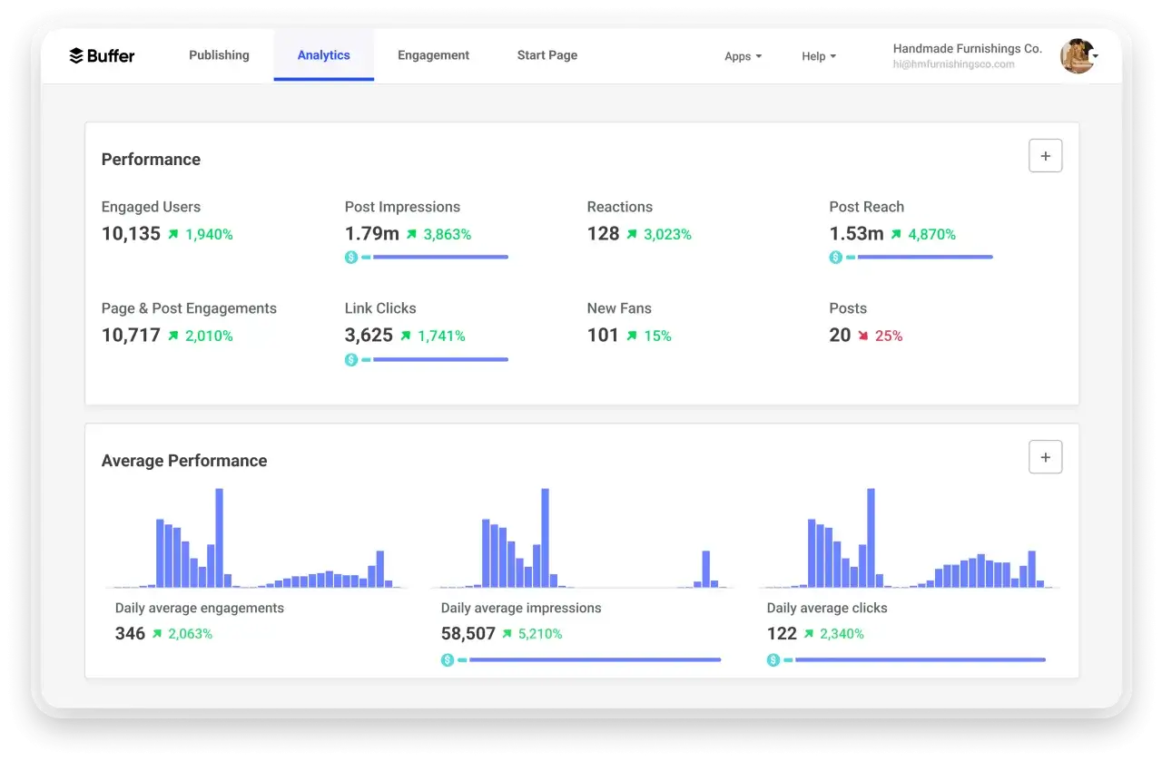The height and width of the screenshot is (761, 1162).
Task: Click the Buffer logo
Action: pos(102,55)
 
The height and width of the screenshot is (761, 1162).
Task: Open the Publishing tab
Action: pos(219,55)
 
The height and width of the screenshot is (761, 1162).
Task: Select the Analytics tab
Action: pos(324,55)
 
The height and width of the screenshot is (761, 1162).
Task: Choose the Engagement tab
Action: pos(433,55)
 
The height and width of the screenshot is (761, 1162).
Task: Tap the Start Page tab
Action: pos(547,55)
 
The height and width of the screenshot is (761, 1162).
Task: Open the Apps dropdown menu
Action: pos(743,56)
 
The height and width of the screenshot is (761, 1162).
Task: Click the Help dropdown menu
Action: pos(819,56)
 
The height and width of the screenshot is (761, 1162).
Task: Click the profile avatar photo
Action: pos(1078,55)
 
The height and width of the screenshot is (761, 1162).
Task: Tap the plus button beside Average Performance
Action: pos(1045,457)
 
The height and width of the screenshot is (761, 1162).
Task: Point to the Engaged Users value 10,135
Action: pos(131,234)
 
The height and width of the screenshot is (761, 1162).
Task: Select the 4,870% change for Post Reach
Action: pos(931,234)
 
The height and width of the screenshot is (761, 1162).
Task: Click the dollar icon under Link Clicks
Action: pos(351,359)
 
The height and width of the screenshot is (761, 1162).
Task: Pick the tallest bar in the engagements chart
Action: pos(220,538)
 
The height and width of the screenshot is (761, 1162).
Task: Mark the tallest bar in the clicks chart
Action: pos(871,538)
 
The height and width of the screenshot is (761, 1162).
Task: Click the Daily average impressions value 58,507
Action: pos(468,633)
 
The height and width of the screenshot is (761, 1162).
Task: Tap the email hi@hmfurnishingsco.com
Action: pos(953,64)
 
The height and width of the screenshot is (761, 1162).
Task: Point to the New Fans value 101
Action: pos(602,336)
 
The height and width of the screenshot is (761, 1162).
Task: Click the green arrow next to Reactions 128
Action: pos(632,234)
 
